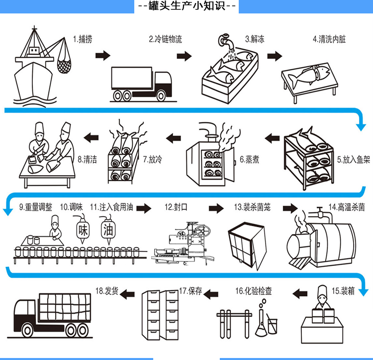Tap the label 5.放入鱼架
tap(353, 160)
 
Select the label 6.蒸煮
tap(249, 160)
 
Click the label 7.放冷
tap(153, 160)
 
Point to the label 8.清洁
tap(87, 160)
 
